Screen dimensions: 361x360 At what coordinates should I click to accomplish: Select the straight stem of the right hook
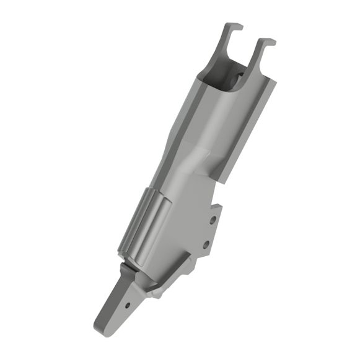(x=257, y=59)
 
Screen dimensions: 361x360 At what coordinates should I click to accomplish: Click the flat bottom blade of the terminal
(x=118, y=301)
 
